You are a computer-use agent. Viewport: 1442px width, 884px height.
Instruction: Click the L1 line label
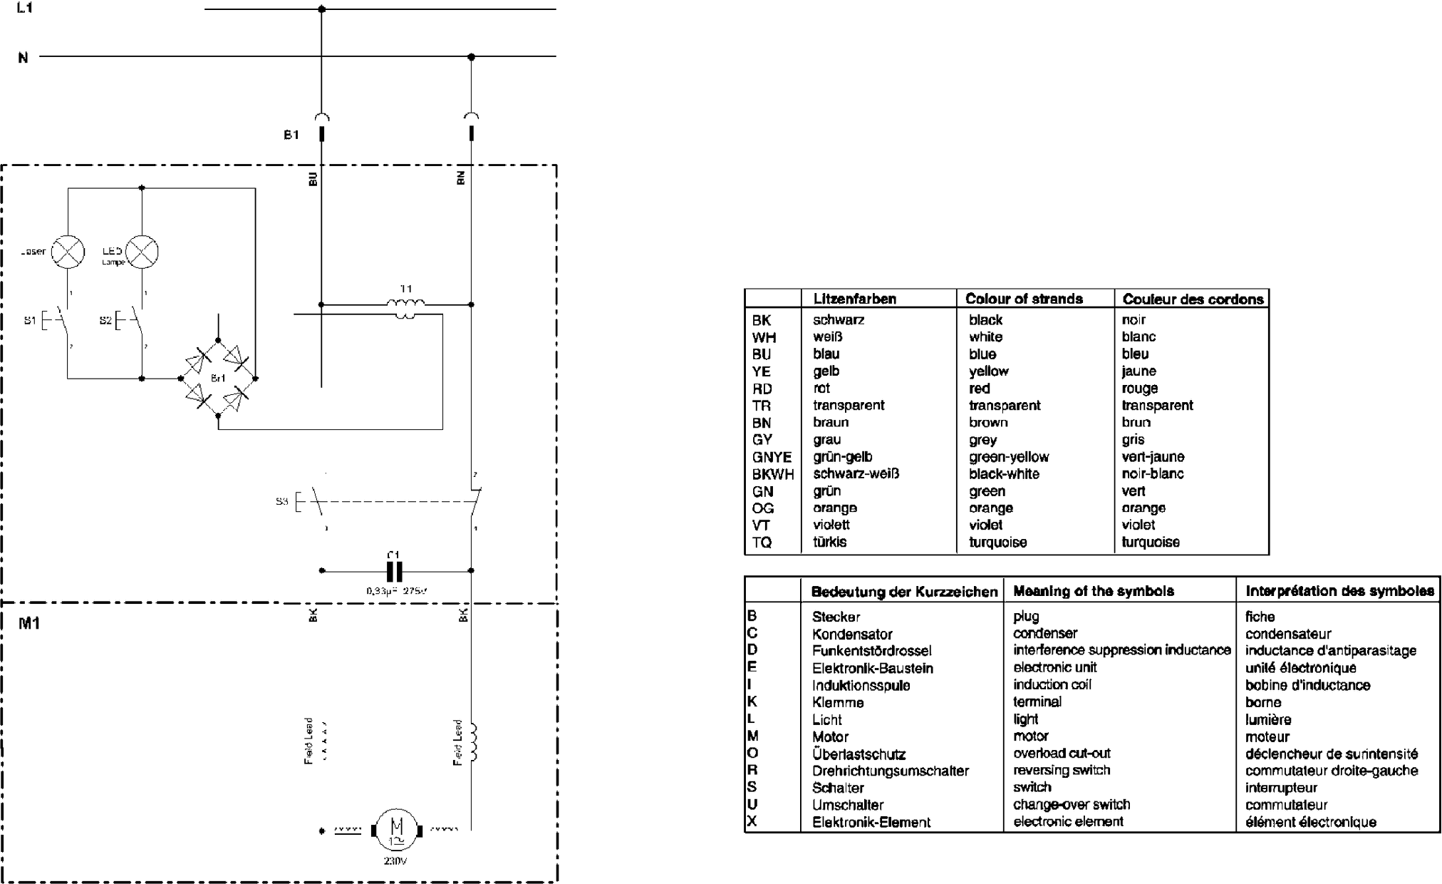click(x=24, y=9)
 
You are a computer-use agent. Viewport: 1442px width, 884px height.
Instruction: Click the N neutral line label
click(x=23, y=58)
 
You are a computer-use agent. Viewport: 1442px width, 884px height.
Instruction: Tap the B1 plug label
click(x=291, y=135)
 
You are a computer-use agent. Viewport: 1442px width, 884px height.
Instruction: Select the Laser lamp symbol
click(x=68, y=252)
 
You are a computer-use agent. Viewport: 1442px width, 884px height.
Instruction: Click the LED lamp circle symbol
click(x=142, y=252)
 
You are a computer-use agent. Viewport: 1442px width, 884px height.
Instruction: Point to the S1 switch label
click(x=29, y=321)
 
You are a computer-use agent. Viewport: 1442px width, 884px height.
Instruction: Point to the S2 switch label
click(x=105, y=321)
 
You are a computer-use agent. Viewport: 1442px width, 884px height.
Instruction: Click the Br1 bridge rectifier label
click(x=217, y=378)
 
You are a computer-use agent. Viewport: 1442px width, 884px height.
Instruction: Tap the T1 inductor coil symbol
click(x=405, y=306)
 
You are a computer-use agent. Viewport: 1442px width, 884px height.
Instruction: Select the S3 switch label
click(x=281, y=501)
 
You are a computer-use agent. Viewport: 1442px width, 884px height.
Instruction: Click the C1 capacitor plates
click(x=394, y=571)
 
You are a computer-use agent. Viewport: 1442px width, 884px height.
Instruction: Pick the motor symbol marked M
click(x=396, y=830)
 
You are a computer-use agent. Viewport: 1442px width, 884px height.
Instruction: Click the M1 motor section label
click(x=29, y=624)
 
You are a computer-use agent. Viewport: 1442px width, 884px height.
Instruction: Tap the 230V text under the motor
click(x=395, y=861)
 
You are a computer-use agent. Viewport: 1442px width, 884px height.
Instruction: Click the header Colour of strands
click(x=1024, y=299)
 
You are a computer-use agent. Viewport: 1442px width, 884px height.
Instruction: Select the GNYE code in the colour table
click(x=772, y=457)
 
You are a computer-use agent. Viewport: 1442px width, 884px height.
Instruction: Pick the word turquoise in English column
click(x=997, y=543)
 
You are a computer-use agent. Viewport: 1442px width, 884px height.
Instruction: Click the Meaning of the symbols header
click(x=1093, y=591)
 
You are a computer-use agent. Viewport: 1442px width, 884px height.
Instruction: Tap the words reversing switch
click(x=1062, y=771)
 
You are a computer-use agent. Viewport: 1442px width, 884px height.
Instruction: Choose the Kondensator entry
click(x=852, y=634)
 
